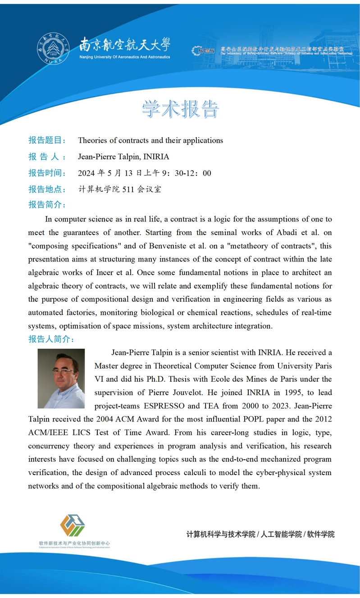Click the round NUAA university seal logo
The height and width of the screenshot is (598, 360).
click(53, 49)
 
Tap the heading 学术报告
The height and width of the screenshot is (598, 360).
click(180, 109)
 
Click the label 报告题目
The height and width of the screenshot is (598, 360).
click(47, 140)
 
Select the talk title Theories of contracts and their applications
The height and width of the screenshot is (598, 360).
click(150, 140)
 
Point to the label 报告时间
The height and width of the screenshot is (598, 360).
click(47, 173)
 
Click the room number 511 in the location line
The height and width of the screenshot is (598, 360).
click(128, 189)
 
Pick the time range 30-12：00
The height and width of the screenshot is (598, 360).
click(192, 173)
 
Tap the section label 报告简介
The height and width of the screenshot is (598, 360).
click(47, 204)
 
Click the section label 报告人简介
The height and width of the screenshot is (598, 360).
click(51, 339)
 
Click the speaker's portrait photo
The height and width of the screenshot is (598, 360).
click(61, 378)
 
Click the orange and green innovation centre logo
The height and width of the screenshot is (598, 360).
click(73, 525)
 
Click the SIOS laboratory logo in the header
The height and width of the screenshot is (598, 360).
click(203, 51)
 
